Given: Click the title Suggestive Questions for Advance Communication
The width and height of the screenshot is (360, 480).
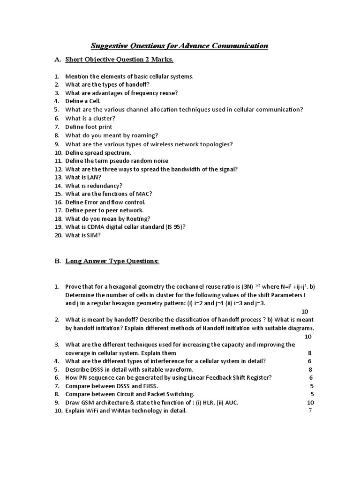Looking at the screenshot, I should coord(179,45).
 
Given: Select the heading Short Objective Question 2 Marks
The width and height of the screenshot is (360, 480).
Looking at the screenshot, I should coord(119,60).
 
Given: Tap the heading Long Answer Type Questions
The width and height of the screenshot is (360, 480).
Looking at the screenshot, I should coord(112,261).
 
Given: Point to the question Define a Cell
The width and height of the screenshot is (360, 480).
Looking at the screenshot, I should coord(83,101).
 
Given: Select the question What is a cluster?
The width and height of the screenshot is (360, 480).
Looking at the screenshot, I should coord(90,119).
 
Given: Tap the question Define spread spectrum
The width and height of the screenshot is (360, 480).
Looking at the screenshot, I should coord(98,152).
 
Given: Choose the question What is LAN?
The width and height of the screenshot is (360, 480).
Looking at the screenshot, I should coord(83,177).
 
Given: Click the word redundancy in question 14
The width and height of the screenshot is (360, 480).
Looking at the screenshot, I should coord(105,186).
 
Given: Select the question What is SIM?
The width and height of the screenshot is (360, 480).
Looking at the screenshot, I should coord(83,236).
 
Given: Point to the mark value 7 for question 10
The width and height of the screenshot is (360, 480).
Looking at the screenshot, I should coord(310,411).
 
